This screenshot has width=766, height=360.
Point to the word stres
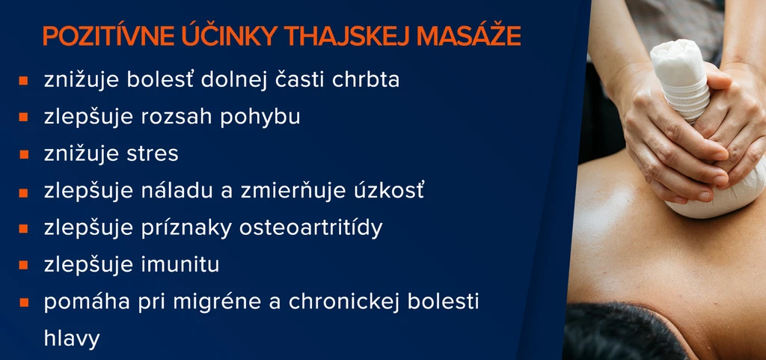tap(153, 154)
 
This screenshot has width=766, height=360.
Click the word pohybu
tap(260, 118)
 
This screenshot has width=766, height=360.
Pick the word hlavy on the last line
tap(72, 338)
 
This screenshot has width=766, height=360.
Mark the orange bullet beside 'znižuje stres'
tap(23, 155)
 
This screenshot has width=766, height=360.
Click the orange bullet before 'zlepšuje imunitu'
tap(23, 265)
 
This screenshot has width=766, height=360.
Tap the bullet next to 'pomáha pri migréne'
tap(23, 302)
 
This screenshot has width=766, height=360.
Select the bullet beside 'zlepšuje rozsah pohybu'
tap(23, 118)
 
